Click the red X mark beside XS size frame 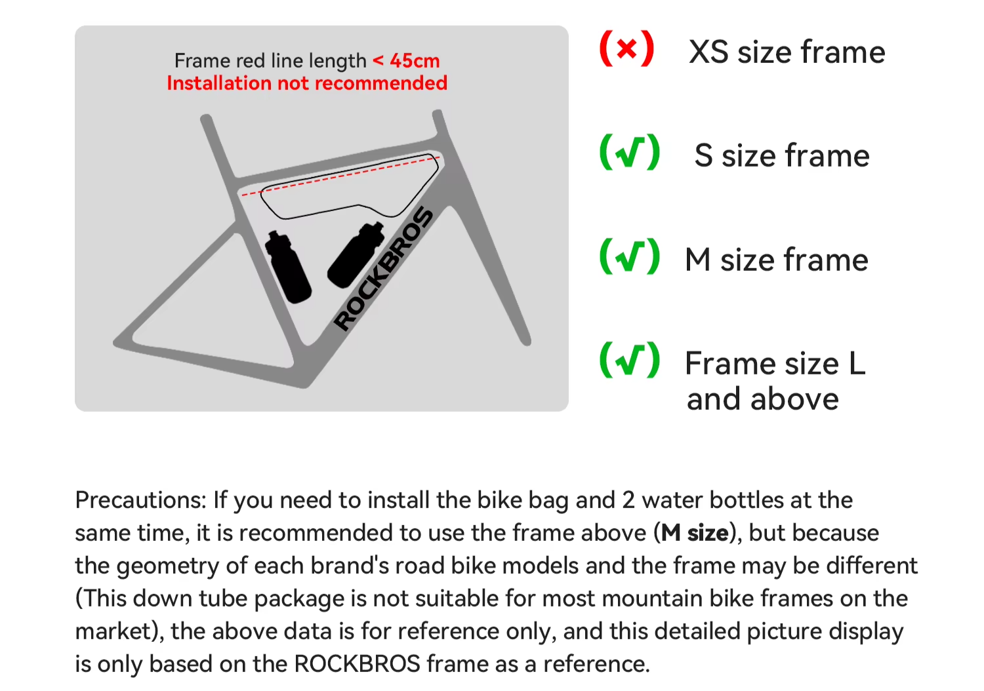pos(627,49)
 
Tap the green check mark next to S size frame pos(630,152)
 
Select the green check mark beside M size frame pos(630,256)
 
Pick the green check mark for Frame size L pos(630,360)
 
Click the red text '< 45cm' pos(406,61)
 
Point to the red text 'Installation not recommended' pos(307,83)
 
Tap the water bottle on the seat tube pos(288,266)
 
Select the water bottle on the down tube pos(356,255)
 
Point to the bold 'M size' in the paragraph pos(695,533)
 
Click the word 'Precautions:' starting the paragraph pos(140,500)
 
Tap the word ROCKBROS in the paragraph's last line pos(357,663)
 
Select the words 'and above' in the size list pos(762,399)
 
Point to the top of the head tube pos(438,113)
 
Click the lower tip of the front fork pos(526,342)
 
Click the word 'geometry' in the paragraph pos(167,566)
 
